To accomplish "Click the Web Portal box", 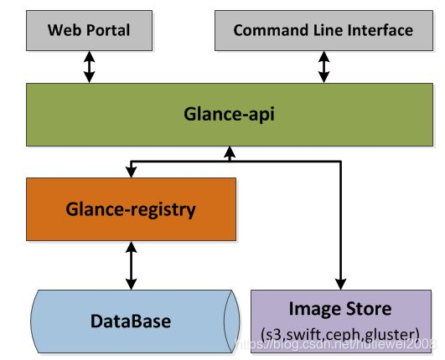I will [x=89, y=30].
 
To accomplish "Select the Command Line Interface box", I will [x=323, y=30].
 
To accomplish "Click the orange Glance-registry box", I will [x=130, y=208].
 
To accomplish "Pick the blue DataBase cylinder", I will [x=130, y=321].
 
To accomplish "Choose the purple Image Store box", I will [x=340, y=321].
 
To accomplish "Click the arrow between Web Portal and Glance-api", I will [x=89, y=66].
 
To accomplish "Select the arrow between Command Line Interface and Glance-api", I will [x=323, y=66].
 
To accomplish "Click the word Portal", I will [x=111, y=30].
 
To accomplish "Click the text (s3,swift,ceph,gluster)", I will [x=340, y=334].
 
